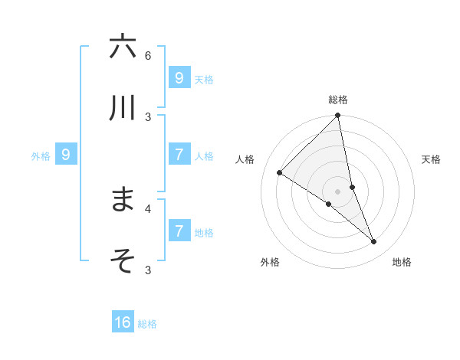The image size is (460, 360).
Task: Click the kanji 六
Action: coord(123,47)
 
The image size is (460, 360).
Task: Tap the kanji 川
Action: coord(123,108)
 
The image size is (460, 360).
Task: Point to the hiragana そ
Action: coord(123,260)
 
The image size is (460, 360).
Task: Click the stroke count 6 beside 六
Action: coord(148,55)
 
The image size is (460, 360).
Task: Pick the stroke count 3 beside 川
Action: coord(148,116)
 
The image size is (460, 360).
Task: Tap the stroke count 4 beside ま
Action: coord(148,208)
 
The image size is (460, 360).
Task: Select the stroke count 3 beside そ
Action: coord(148,269)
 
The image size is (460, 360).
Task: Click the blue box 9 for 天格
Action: coord(179,77)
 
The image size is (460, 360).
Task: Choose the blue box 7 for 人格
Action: coord(179,155)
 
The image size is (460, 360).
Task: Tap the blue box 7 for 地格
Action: coord(179,231)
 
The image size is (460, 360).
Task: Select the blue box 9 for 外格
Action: coord(66,155)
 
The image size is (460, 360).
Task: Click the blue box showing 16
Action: coord(123,322)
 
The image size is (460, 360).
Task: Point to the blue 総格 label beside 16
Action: coord(147,324)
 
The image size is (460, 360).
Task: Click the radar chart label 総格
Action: coord(338,100)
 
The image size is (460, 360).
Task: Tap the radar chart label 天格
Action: coord(432,159)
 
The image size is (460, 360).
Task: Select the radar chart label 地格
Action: coord(402,262)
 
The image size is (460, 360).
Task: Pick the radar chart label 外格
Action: coord(270,262)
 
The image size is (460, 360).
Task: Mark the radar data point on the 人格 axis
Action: coord(280,173)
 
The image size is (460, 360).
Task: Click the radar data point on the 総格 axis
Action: coord(338,116)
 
